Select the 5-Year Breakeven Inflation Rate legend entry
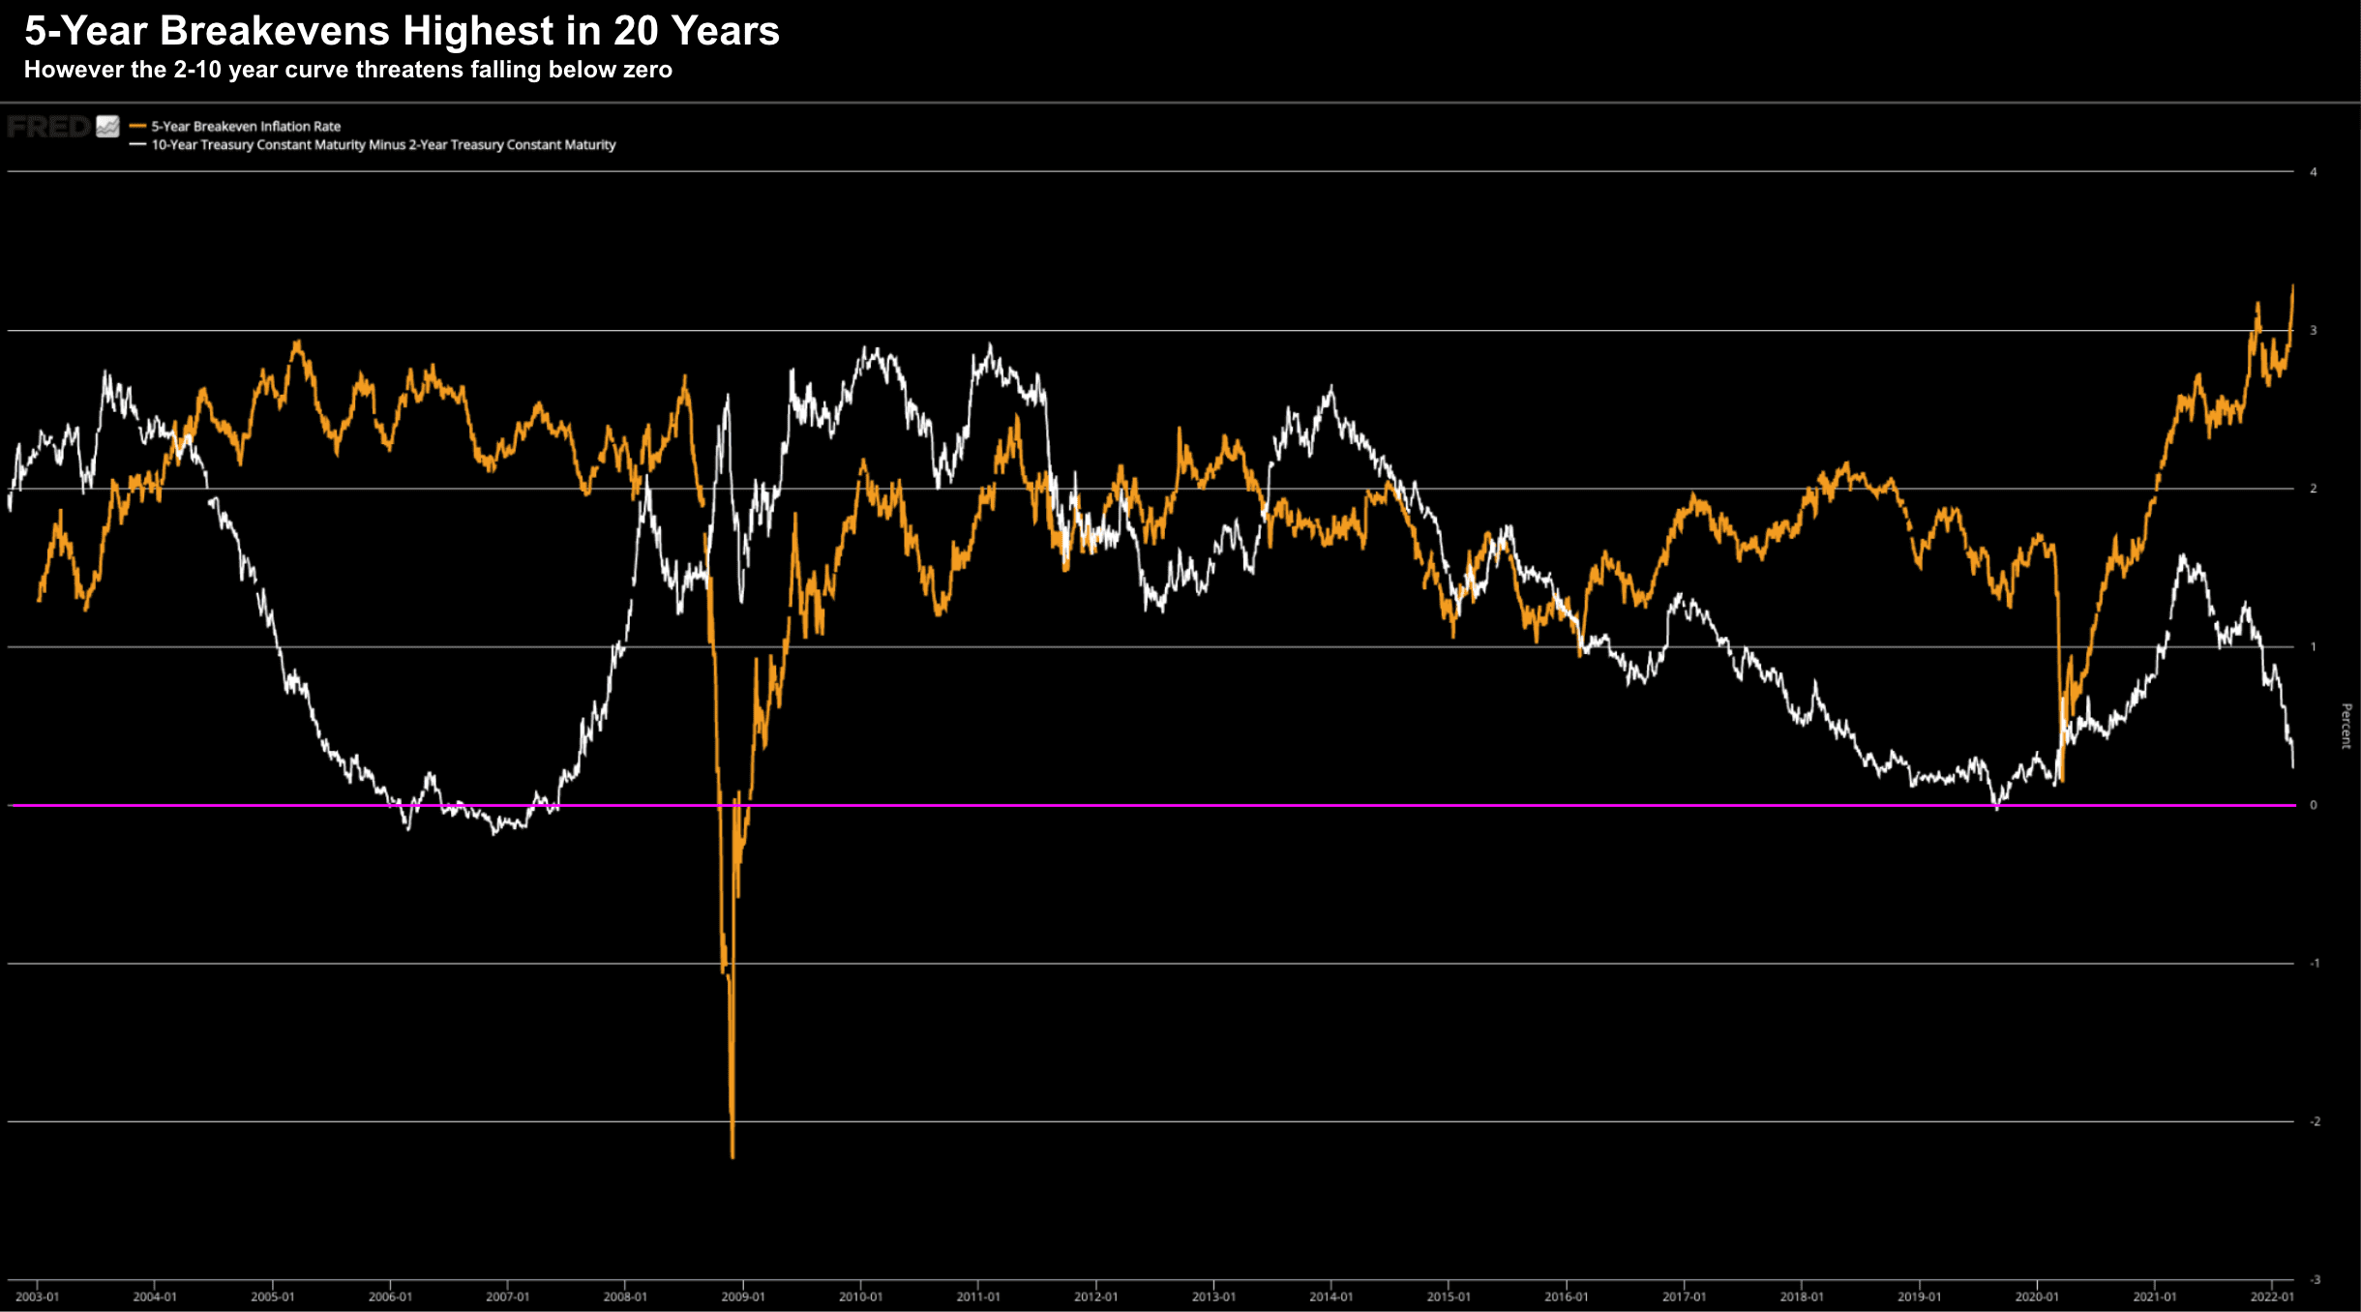pyautogui.click(x=246, y=126)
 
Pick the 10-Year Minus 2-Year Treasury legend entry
pyautogui.click(x=383, y=145)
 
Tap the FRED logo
pyautogui.click(x=48, y=127)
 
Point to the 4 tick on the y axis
pyautogui.click(x=2314, y=172)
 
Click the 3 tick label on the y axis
pyautogui.click(x=2314, y=331)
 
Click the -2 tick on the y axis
pyautogui.click(x=2315, y=1121)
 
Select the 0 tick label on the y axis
pyautogui.click(x=2314, y=805)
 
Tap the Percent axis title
pyautogui.click(x=2346, y=726)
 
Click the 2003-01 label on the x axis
pyautogui.click(x=37, y=1297)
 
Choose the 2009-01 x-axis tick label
pyautogui.click(x=743, y=1297)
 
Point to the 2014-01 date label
pyautogui.click(x=1331, y=1297)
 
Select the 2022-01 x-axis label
pyautogui.click(x=2272, y=1297)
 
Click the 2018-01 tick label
pyautogui.click(x=1802, y=1297)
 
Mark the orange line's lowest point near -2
pyautogui.click(x=732, y=1156)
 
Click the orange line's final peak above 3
pyautogui.click(x=2292, y=286)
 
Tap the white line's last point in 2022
pyautogui.click(x=2293, y=766)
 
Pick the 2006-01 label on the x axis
pyautogui.click(x=390, y=1297)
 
